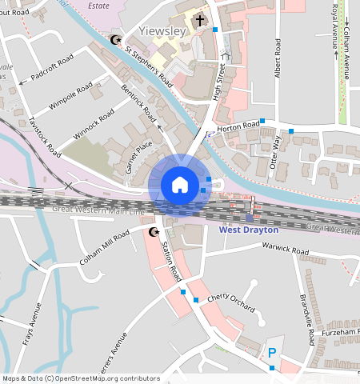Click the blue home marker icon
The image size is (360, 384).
(x=180, y=186)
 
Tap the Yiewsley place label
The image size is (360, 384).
(x=162, y=31)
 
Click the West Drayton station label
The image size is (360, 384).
(x=249, y=230)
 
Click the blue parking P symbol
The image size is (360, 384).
(x=272, y=353)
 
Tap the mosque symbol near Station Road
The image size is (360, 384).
(x=154, y=232)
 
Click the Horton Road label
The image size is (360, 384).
(x=238, y=126)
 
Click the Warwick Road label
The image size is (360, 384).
(x=288, y=251)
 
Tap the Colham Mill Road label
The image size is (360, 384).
(x=104, y=248)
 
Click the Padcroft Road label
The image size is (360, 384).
(x=52, y=70)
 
